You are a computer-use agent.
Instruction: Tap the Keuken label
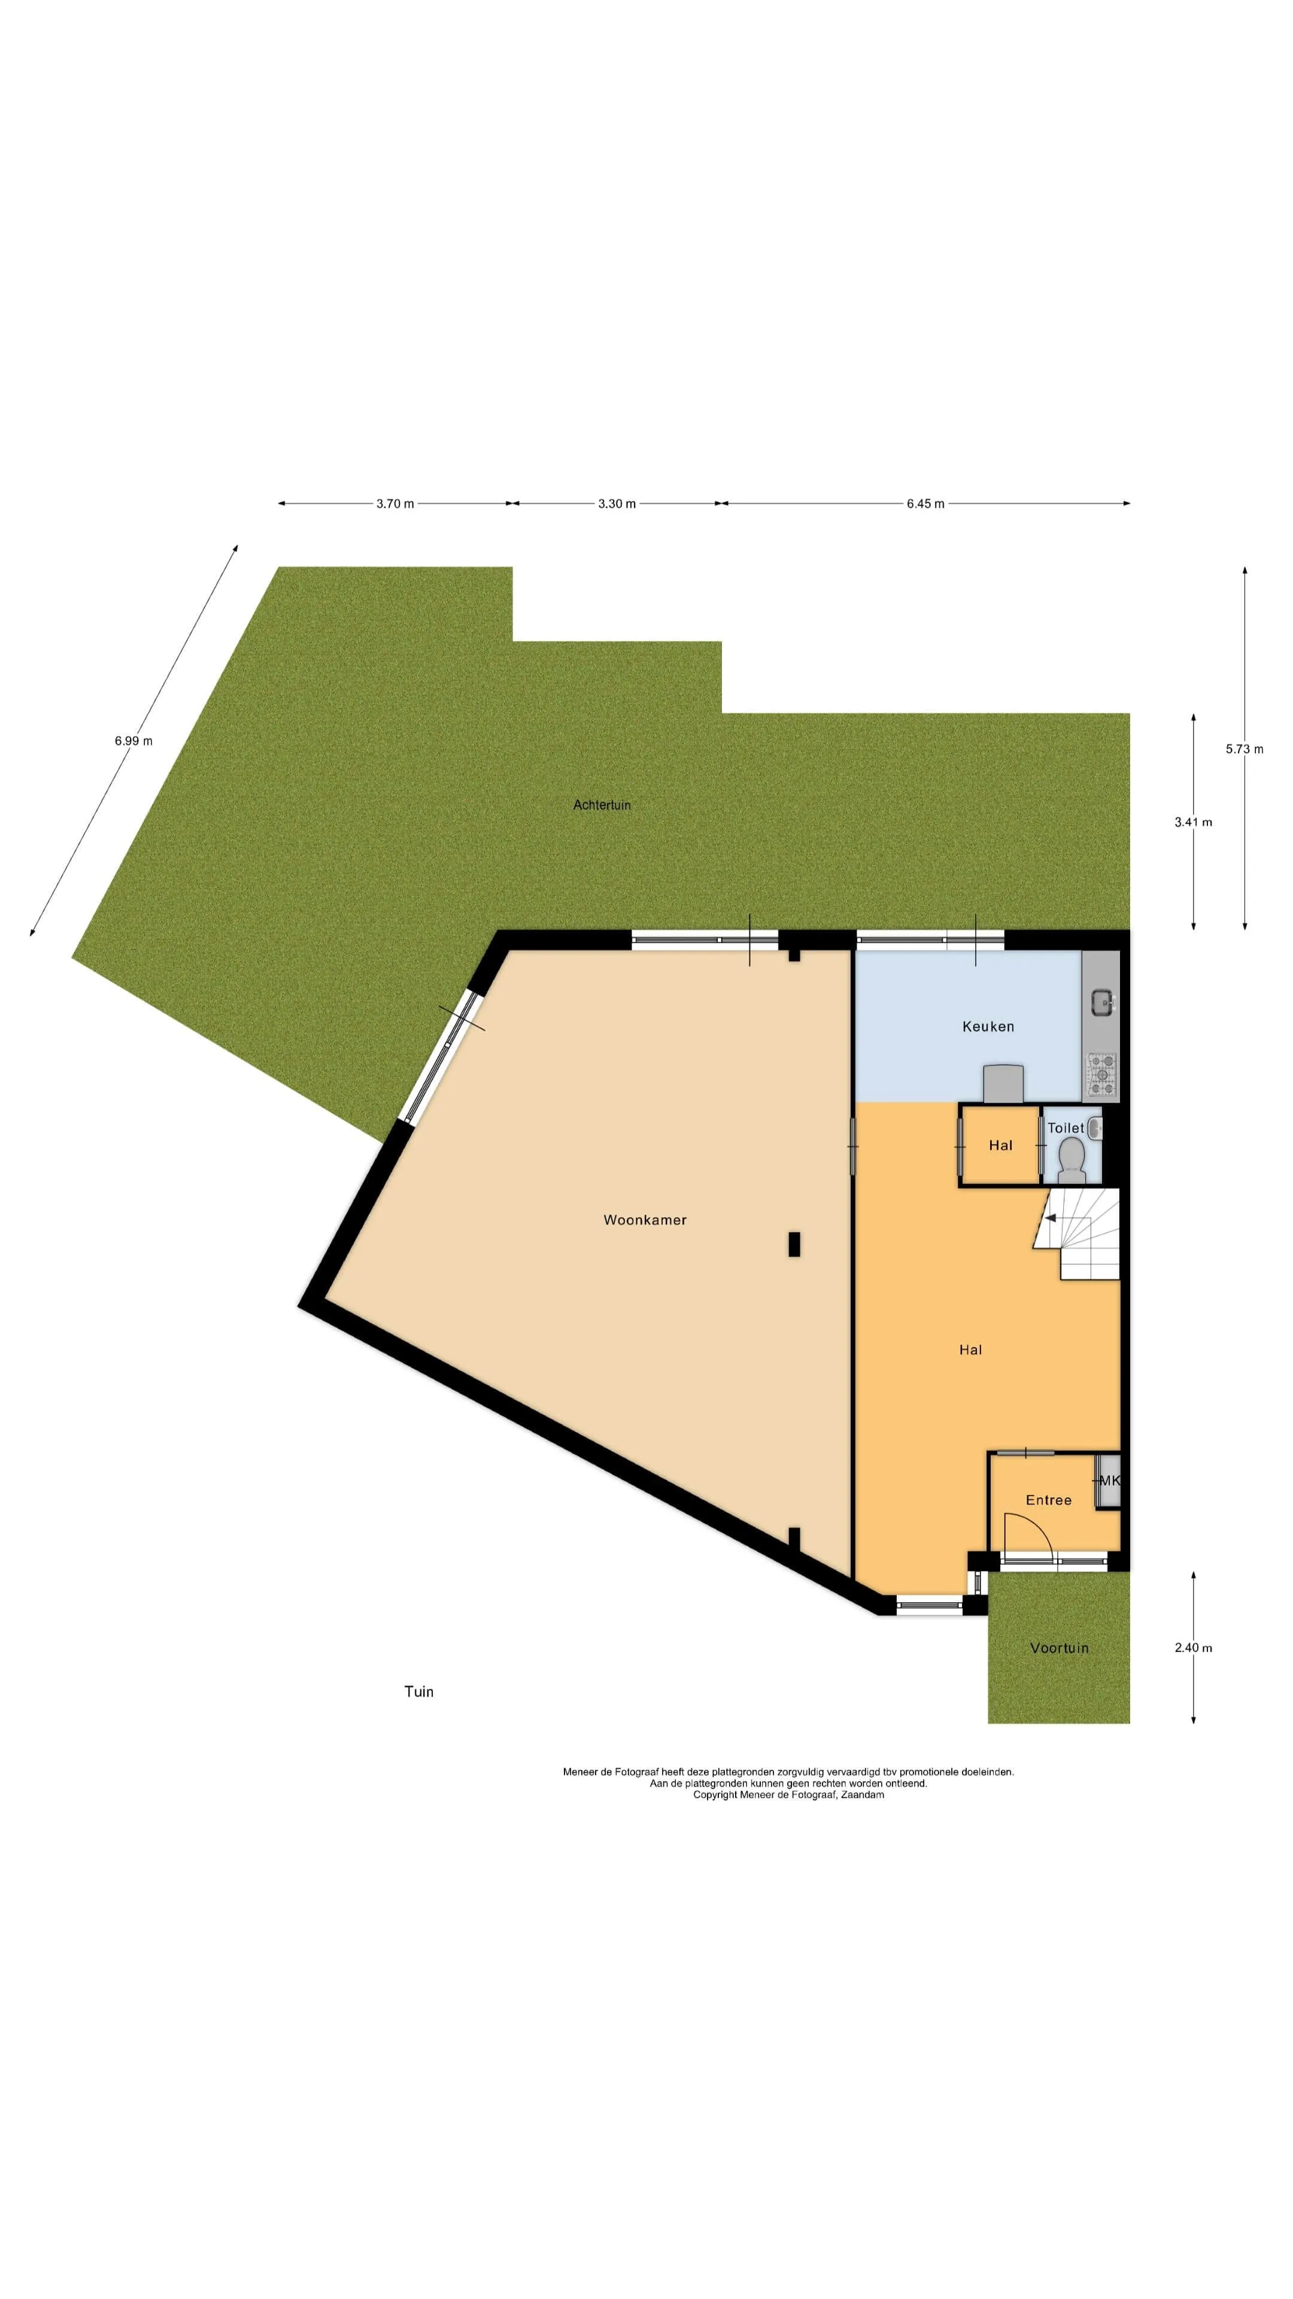(x=988, y=1026)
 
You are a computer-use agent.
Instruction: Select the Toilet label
(x=1066, y=1128)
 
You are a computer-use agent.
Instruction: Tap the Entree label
(x=1049, y=1500)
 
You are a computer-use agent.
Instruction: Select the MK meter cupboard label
(x=1109, y=1481)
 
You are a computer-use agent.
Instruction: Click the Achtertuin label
(x=602, y=805)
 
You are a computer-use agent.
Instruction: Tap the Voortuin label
(x=1059, y=1648)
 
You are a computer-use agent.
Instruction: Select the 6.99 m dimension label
(x=134, y=741)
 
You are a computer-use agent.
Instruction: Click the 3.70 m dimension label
(x=395, y=504)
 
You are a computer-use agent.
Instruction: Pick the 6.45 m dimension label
(x=925, y=504)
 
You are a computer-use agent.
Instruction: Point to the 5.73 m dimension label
(x=1244, y=749)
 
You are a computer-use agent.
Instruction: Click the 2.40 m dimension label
(x=1193, y=1648)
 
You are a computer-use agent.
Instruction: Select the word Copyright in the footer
(x=716, y=1795)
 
